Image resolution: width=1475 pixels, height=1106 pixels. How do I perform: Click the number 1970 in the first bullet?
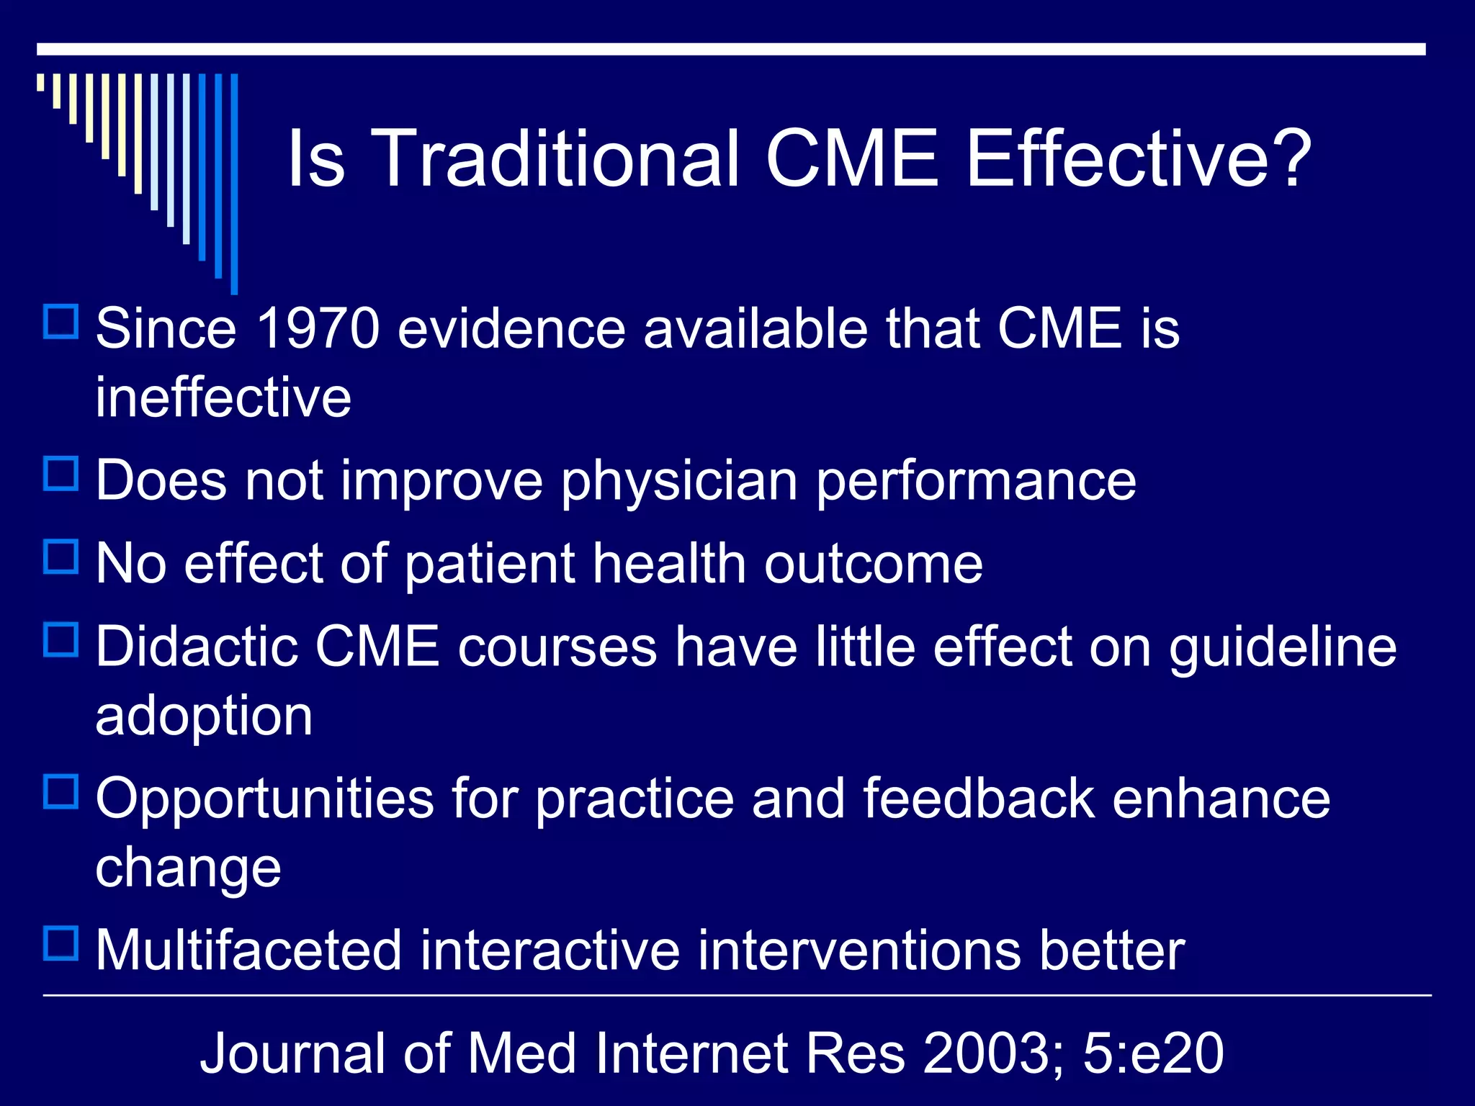(x=318, y=328)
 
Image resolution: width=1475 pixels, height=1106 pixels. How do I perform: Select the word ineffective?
(x=223, y=397)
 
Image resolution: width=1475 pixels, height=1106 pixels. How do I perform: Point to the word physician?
(x=679, y=481)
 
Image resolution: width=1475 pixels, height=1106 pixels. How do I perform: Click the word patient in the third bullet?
(x=490, y=564)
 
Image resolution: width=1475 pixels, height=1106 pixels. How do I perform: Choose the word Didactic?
(x=197, y=646)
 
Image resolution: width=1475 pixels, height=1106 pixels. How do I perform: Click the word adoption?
(x=204, y=716)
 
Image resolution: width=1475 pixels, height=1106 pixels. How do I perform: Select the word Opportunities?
(x=264, y=799)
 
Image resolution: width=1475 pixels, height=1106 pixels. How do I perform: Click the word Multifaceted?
(x=248, y=950)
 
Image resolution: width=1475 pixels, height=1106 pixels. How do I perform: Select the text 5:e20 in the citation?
(x=1152, y=1053)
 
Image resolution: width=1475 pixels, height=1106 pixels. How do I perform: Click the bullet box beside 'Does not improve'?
(x=61, y=474)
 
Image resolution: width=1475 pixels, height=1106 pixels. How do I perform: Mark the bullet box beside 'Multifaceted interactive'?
(x=61, y=943)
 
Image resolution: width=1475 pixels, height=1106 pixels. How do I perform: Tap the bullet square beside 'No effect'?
(x=61, y=557)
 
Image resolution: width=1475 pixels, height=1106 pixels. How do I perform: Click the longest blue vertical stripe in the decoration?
(x=234, y=184)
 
